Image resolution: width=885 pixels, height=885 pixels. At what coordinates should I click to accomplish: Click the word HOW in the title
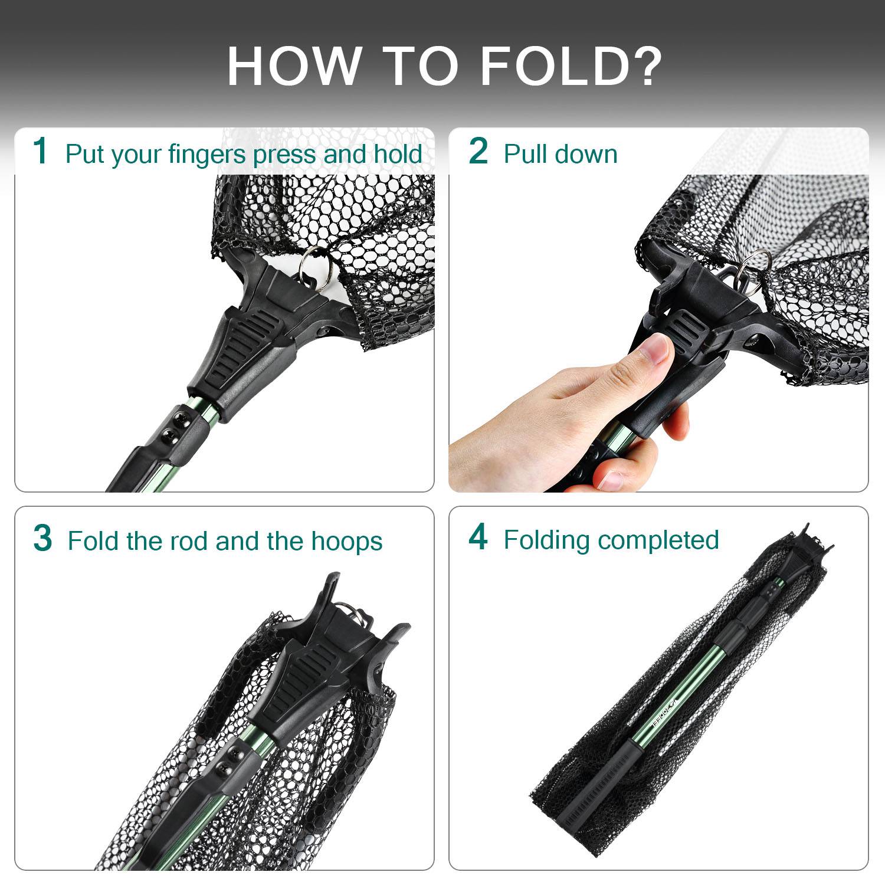(x=294, y=66)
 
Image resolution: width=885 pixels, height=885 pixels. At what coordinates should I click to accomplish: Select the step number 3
(x=42, y=538)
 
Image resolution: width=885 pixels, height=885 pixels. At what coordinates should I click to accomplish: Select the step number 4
(x=478, y=537)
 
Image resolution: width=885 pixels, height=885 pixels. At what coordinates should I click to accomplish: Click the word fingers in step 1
(x=206, y=155)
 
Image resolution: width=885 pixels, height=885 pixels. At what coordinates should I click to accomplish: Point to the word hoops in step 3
(x=347, y=541)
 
